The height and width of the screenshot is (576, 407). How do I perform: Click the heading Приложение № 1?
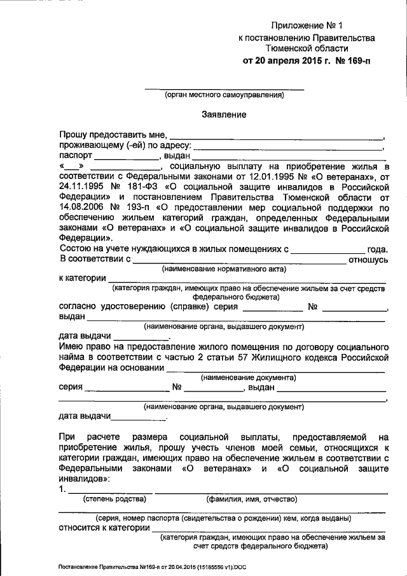[307, 26]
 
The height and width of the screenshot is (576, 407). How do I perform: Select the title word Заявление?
[224, 114]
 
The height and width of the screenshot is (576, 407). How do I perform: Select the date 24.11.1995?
[81, 188]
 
